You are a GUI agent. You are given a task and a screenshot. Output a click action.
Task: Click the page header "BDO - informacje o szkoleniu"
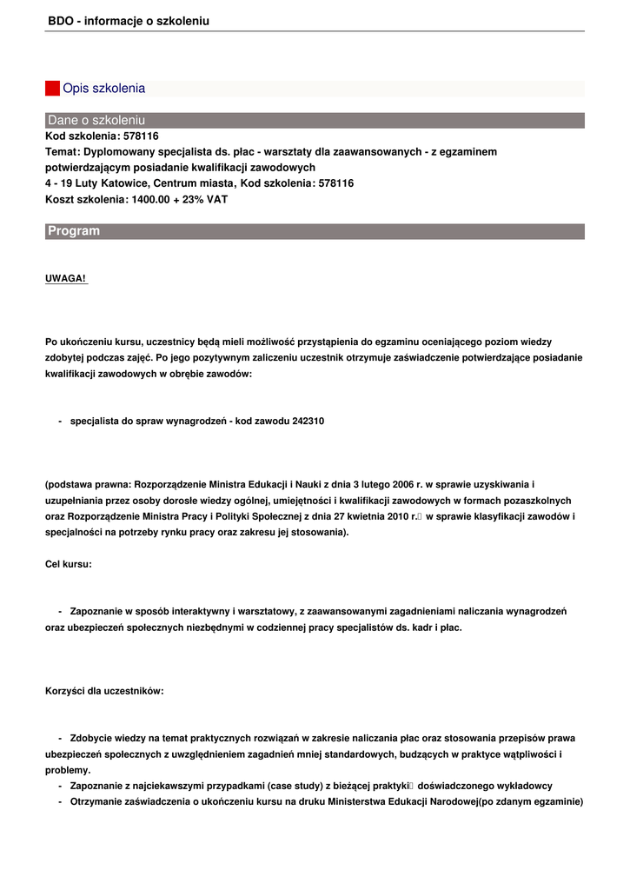129,21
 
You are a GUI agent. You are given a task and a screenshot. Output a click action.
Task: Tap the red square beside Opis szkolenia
52,89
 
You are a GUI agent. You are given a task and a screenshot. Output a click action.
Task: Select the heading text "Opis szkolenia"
103,89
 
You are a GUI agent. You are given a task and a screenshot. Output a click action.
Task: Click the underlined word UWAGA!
66,278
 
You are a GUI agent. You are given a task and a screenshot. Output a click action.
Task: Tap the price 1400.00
149,199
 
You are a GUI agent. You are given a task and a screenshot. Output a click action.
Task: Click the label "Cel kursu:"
69,564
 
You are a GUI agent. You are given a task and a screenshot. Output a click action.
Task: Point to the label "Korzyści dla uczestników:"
104,692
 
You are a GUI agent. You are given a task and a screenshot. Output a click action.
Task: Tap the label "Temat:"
63,151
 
